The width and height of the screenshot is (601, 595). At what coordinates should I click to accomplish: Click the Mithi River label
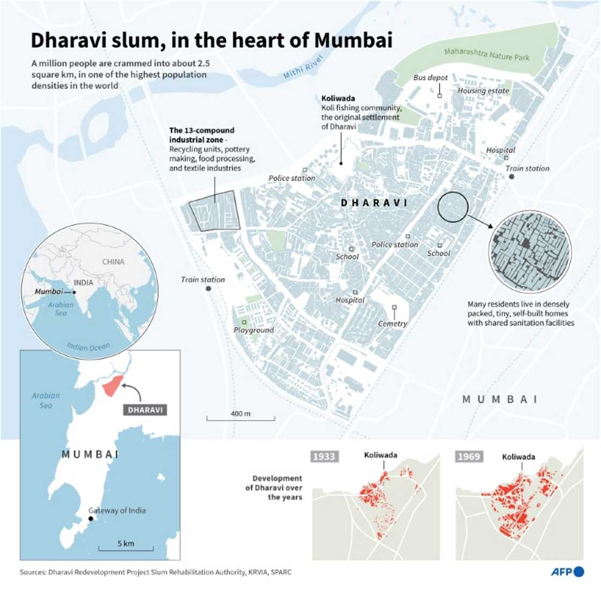tap(304, 66)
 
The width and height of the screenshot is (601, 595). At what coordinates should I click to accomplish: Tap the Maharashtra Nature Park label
tap(486, 54)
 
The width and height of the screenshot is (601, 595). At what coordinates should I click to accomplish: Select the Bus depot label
tap(430, 78)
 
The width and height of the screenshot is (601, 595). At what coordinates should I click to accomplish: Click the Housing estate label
tap(483, 91)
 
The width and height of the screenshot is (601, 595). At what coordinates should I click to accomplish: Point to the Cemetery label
tap(392, 324)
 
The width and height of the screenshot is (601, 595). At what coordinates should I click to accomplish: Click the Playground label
tap(253, 330)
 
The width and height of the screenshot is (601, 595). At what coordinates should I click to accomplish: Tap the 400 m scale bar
tap(240, 417)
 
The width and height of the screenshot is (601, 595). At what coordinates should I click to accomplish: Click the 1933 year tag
tap(324, 456)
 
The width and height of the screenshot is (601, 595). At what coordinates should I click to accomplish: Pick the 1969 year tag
tap(468, 456)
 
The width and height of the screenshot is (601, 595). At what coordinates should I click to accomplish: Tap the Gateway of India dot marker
tap(91, 519)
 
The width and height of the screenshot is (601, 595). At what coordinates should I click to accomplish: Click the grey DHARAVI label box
tap(145, 410)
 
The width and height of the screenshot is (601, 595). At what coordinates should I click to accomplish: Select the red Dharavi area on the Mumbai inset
tap(112, 385)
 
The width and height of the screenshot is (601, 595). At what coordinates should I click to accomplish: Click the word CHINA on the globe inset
tap(113, 262)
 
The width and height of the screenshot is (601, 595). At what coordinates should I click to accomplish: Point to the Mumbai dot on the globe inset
tap(74, 292)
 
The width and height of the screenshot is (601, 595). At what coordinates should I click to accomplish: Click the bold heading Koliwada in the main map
tap(338, 99)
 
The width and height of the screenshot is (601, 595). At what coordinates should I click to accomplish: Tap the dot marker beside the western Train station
tap(208, 288)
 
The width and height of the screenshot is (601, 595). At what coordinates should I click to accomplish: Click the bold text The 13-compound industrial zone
tap(202, 135)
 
